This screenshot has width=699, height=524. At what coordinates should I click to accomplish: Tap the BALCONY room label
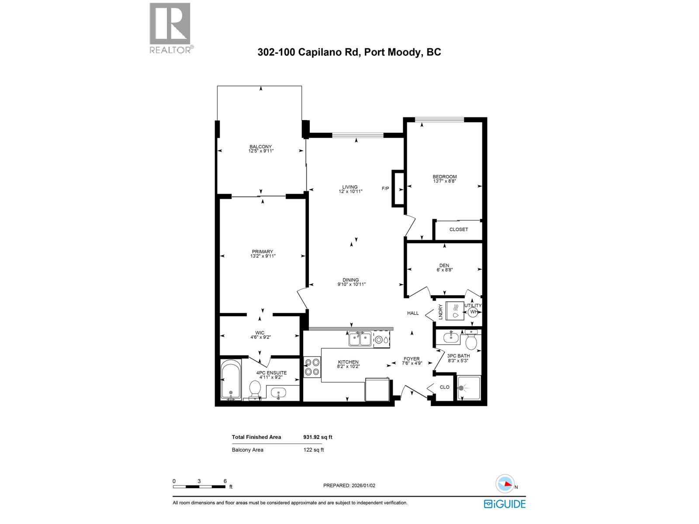click(x=261, y=147)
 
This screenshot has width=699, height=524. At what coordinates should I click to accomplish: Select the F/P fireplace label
click(x=385, y=189)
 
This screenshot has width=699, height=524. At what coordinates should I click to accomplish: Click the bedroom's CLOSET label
click(x=458, y=229)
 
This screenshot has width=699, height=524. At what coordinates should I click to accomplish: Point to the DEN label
click(x=444, y=265)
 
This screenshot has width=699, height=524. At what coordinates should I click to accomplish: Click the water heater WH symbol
click(x=473, y=312)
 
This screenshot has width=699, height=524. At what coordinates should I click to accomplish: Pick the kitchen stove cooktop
click(x=311, y=367)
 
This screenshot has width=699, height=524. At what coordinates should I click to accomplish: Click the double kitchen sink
click(x=360, y=338)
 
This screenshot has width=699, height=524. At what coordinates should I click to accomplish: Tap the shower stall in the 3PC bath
click(x=469, y=387)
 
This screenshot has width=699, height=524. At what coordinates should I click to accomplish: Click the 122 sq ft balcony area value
click(x=314, y=450)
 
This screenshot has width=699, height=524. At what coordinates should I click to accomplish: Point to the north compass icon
click(x=505, y=484)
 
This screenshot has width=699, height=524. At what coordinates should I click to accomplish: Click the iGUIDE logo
click(x=505, y=504)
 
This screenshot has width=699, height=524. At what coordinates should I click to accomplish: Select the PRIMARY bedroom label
click(x=262, y=252)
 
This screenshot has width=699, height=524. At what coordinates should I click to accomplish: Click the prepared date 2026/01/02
click(x=349, y=486)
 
